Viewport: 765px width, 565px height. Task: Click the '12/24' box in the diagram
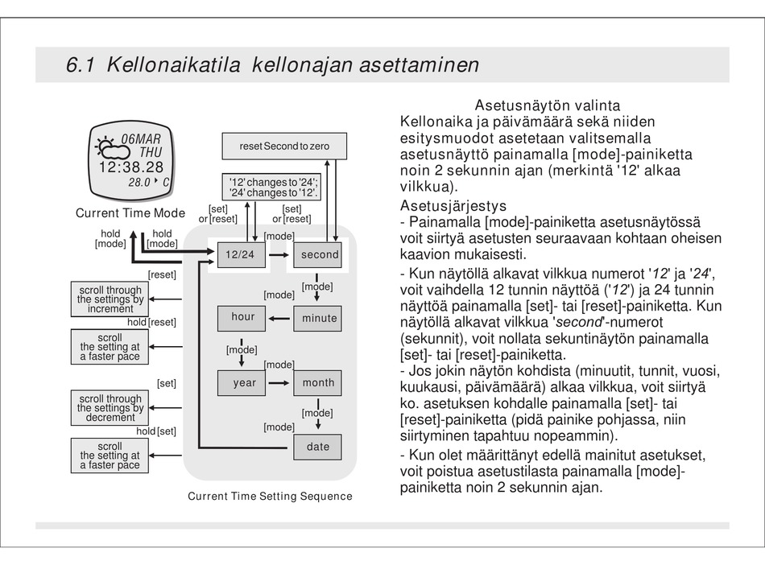point(240,254)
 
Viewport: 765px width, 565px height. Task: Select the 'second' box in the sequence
point(319,254)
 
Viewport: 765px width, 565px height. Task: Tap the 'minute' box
point(319,318)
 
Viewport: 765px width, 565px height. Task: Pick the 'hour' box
point(242,317)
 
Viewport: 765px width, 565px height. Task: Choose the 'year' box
point(244,382)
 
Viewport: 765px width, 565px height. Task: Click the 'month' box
point(318,382)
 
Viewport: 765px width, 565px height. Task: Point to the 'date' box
point(318,447)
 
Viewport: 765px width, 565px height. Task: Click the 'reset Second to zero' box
point(284,146)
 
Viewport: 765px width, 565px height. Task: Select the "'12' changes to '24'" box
point(274,187)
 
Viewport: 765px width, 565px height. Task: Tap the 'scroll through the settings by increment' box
point(110,299)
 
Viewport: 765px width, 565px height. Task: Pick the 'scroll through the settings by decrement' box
point(110,408)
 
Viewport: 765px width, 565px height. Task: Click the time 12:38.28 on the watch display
point(131,167)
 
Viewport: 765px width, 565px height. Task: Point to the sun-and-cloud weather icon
point(109,147)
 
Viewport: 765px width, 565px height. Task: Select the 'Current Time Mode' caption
point(130,213)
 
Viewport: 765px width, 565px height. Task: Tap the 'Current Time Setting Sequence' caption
point(270,496)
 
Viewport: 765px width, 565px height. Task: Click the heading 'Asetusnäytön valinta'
point(548,105)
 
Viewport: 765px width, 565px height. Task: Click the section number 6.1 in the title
point(81,64)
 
